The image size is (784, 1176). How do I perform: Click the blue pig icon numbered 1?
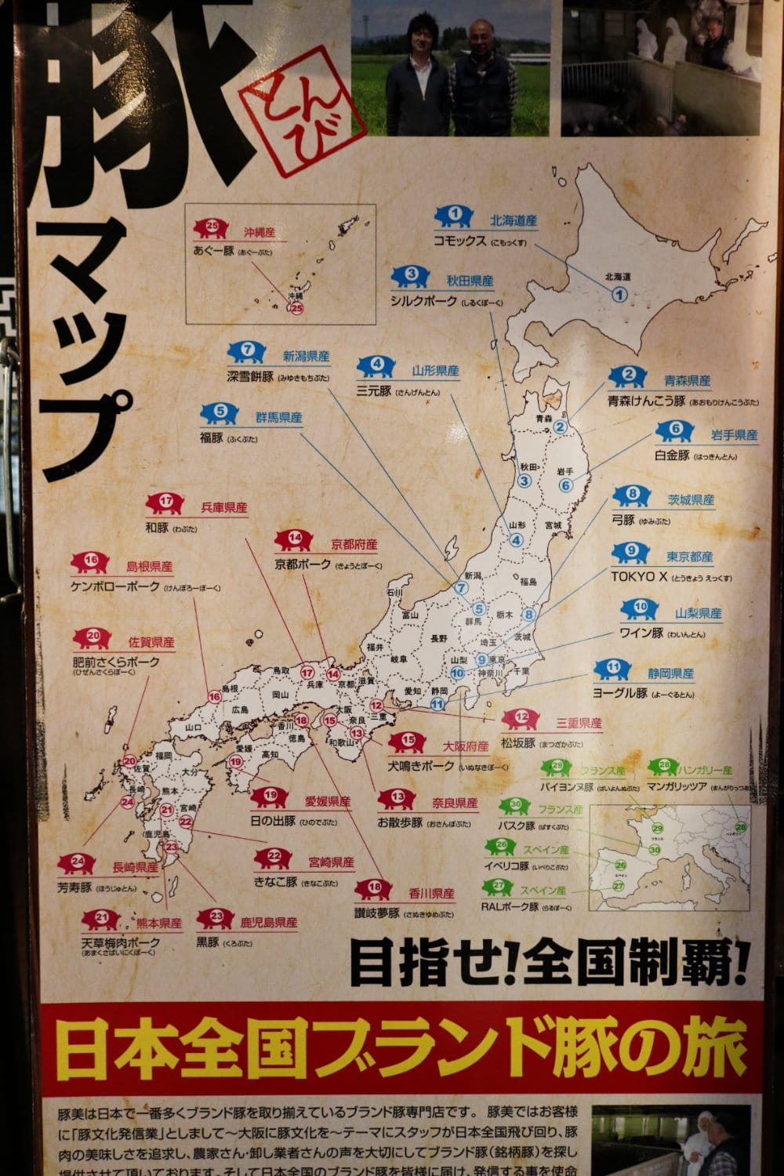coord(454,215)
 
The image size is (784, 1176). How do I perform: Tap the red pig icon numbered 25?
coord(210,229)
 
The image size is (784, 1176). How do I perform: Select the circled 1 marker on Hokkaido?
coord(619,295)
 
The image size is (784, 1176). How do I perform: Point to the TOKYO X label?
coord(639,576)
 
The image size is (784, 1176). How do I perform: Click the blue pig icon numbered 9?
coord(632,553)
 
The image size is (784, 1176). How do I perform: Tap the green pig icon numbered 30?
coord(515,805)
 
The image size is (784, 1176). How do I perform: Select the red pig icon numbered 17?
coord(165,503)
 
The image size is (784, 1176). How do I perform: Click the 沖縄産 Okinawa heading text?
coord(260,233)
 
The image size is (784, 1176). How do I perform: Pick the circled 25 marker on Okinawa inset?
coord(296,308)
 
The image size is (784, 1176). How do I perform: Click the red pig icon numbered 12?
coord(521,717)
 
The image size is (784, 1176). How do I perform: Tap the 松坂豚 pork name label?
coord(519,742)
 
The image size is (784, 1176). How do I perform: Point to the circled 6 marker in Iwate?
coord(565,485)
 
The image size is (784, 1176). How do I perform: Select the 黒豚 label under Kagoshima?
coord(208,942)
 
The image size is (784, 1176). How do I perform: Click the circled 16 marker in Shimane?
coord(214,696)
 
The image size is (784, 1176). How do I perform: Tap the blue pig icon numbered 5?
coord(220,412)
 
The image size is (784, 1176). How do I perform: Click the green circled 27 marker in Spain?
coord(619,886)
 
